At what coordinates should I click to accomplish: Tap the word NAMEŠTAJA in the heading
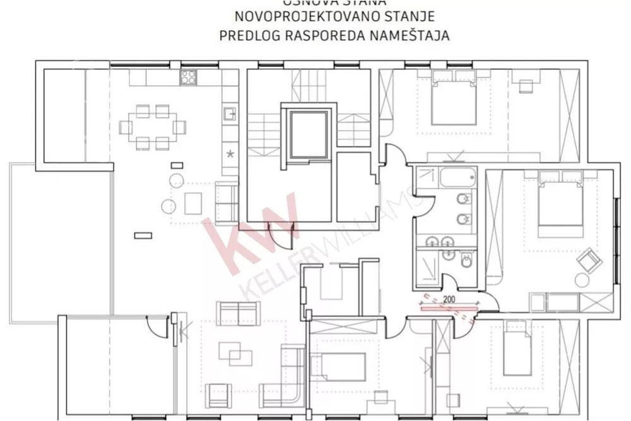(415, 35)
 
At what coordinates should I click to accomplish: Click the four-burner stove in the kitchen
(189, 78)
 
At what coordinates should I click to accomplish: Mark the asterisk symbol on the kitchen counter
(230, 153)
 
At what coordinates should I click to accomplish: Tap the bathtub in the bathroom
(458, 177)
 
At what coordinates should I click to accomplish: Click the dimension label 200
(450, 300)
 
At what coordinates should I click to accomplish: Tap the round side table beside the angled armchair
(579, 279)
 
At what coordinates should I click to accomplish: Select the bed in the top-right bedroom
(454, 101)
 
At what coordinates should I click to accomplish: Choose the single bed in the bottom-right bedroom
(516, 350)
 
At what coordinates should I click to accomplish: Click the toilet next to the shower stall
(467, 260)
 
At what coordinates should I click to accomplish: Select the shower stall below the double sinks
(428, 266)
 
